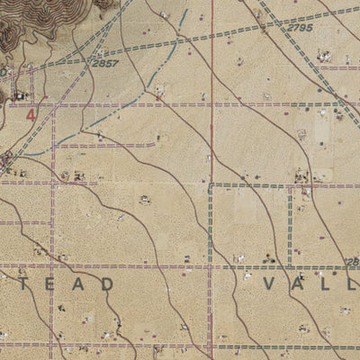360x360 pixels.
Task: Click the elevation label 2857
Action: click(x=106, y=65)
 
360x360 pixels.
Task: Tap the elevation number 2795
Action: click(x=301, y=28)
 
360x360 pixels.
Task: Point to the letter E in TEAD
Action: click(x=49, y=283)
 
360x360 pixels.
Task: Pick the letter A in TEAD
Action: click(x=77, y=283)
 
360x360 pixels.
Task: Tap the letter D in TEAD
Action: click(x=107, y=283)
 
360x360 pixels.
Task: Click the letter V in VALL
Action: click(x=273, y=283)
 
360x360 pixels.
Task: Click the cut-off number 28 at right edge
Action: click(x=352, y=262)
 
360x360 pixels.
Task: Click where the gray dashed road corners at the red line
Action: click(x=211, y=185)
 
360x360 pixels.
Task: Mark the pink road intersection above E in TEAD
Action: click(x=52, y=265)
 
